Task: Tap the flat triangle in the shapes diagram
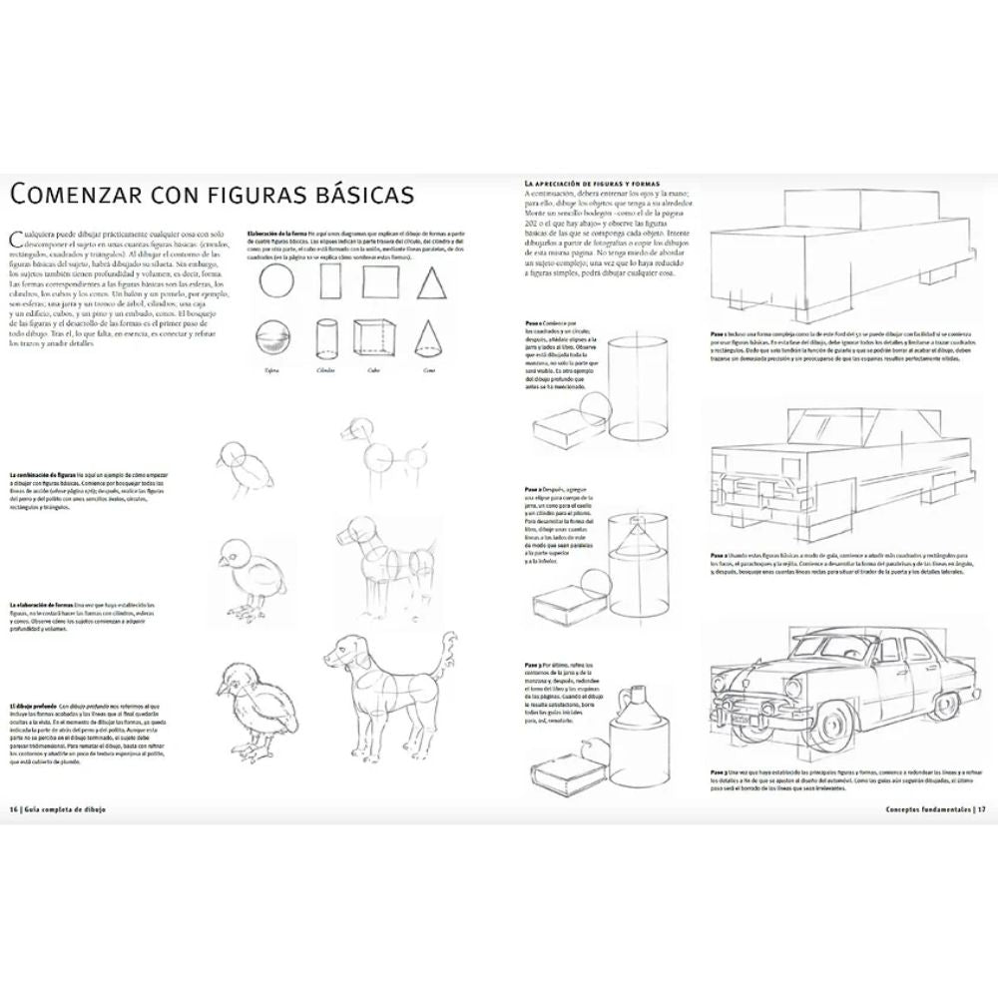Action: (430, 283)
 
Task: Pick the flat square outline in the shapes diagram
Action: (380, 282)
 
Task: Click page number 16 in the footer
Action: (15, 807)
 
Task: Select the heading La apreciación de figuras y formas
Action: (591, 185)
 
